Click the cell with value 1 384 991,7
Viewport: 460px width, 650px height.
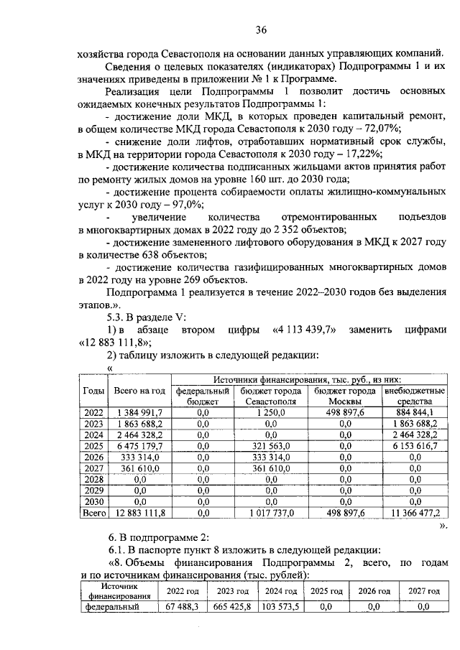click(139, 412)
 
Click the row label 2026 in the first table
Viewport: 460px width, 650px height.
click(93, 457)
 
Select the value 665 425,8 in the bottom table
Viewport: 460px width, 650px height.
click(231, 607)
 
